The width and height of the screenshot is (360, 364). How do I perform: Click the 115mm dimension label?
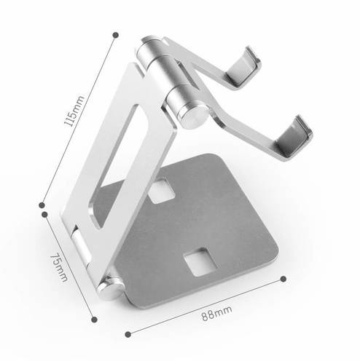click(x=74, y=111)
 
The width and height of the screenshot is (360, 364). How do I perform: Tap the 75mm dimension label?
click(x=59, y=267)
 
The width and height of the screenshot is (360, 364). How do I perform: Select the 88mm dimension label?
click(x=216, y=313)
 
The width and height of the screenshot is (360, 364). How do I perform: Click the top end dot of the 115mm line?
click(x=116, y=35)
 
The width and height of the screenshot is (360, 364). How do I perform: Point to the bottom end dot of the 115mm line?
click(x=42, y=205)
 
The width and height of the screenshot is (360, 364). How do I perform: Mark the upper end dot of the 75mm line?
click(x=44, y=215)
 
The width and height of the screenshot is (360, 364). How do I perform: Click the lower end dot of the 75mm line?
click(x=95, y=320)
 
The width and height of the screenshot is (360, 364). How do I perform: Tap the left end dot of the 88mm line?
click(x=128, y=334)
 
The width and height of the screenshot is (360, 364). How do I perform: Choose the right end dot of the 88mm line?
click(x=283, y=279)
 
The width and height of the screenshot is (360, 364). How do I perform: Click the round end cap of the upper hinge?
click(x=193, y=116)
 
